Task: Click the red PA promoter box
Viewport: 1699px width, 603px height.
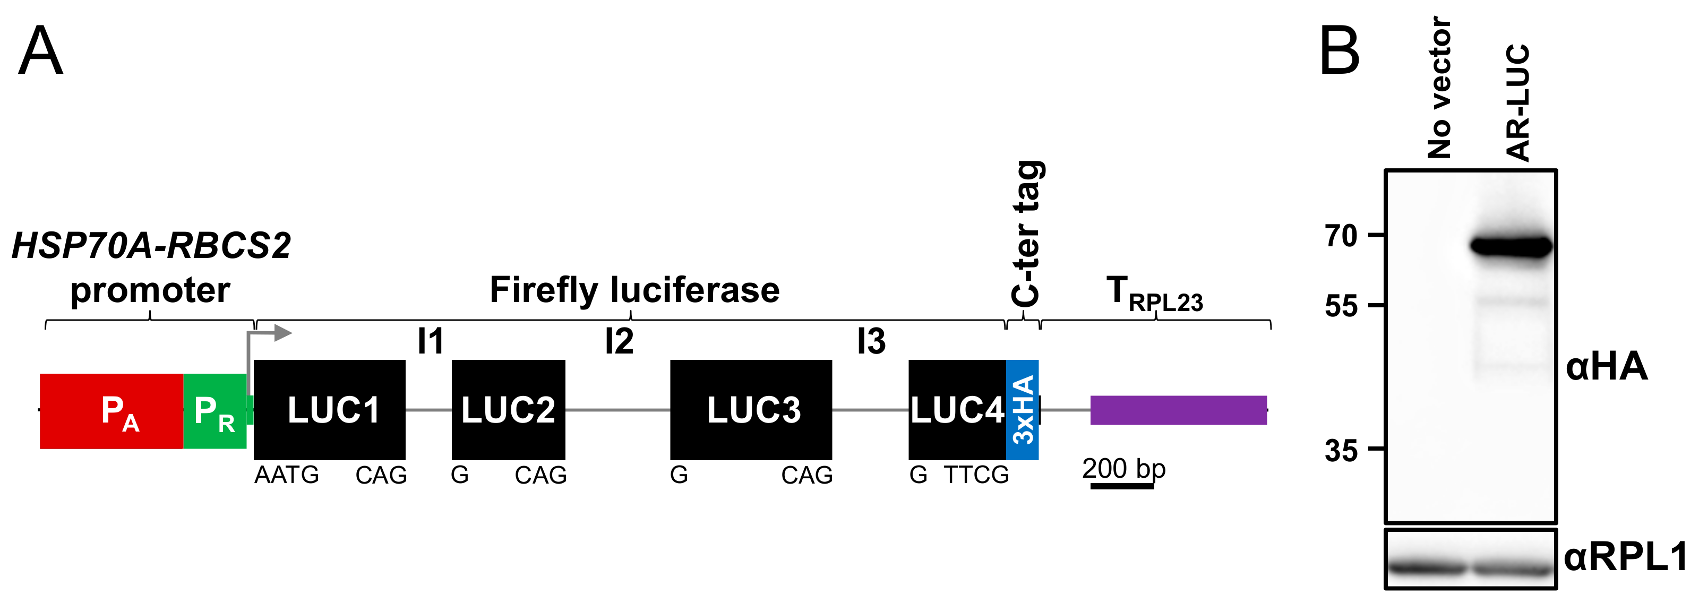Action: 111,411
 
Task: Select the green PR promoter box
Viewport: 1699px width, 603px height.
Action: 214,411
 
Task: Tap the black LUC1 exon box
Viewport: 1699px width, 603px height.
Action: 329,410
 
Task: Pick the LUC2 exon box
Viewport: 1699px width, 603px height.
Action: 508,410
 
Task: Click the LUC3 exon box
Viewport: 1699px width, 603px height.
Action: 751,410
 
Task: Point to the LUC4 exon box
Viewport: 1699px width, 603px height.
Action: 956,410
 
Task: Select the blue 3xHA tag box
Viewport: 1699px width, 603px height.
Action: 1022,410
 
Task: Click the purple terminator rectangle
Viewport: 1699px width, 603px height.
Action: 1178,410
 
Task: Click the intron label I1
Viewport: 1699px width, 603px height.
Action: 431,341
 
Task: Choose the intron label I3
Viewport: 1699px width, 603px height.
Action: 871,341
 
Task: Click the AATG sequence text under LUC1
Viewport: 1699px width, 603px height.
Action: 286,475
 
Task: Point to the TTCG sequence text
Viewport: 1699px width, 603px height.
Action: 976,475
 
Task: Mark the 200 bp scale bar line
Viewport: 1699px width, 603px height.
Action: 1122,486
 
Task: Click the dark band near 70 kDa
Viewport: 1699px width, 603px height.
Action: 1511,247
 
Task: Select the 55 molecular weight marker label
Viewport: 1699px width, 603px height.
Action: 1341,307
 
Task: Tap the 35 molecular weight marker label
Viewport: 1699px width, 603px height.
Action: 1341,451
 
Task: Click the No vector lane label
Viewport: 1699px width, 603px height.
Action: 1439,88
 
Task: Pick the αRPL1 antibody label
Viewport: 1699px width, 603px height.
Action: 1625,556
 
